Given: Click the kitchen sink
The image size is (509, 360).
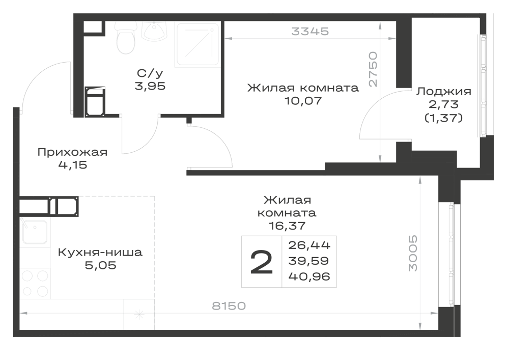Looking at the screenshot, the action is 34,233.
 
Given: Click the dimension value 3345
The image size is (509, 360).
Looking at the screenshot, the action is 310,31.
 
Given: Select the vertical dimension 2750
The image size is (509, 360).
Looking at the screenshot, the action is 373,69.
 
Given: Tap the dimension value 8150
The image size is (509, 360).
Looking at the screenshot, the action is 229,306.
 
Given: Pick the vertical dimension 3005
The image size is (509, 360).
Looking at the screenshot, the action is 413,253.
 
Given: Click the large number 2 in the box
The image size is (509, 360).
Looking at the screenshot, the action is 262,262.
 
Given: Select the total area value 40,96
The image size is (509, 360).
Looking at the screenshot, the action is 309,276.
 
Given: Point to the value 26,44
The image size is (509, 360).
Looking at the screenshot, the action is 309,245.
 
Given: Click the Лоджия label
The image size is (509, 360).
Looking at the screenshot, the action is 444,92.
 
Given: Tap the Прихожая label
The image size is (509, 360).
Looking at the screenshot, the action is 72,152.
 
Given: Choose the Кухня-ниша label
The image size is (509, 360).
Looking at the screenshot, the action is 100,252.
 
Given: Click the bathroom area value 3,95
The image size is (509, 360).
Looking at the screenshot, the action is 150,87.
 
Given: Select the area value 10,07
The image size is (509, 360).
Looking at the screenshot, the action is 303,101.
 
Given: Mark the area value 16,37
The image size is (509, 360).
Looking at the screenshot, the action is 287,226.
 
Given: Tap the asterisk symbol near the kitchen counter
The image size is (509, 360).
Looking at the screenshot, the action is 139,314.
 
